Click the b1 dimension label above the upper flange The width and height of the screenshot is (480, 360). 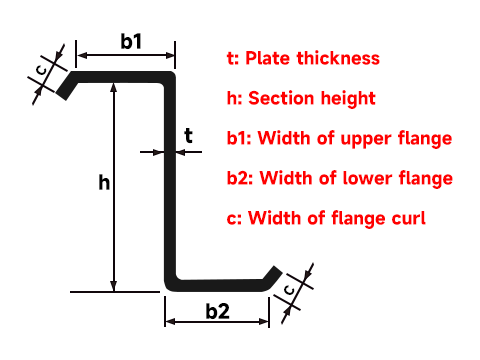pyautogui.click(x=131, y=42)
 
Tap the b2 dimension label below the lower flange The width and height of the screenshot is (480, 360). pyautogui.click(x=217, y=311)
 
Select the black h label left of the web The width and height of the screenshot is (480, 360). pyautogui.click(x=103, y=183)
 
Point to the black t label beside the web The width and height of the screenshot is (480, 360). pyautogui.click(x=188, y=135)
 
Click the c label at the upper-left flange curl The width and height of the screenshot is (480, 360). pyautogui.click(x=40, y=71)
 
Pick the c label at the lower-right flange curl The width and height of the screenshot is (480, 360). pyautogui.click(x=289, y=290)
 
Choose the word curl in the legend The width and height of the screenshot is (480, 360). pyautogui.click(x=409, y=217)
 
